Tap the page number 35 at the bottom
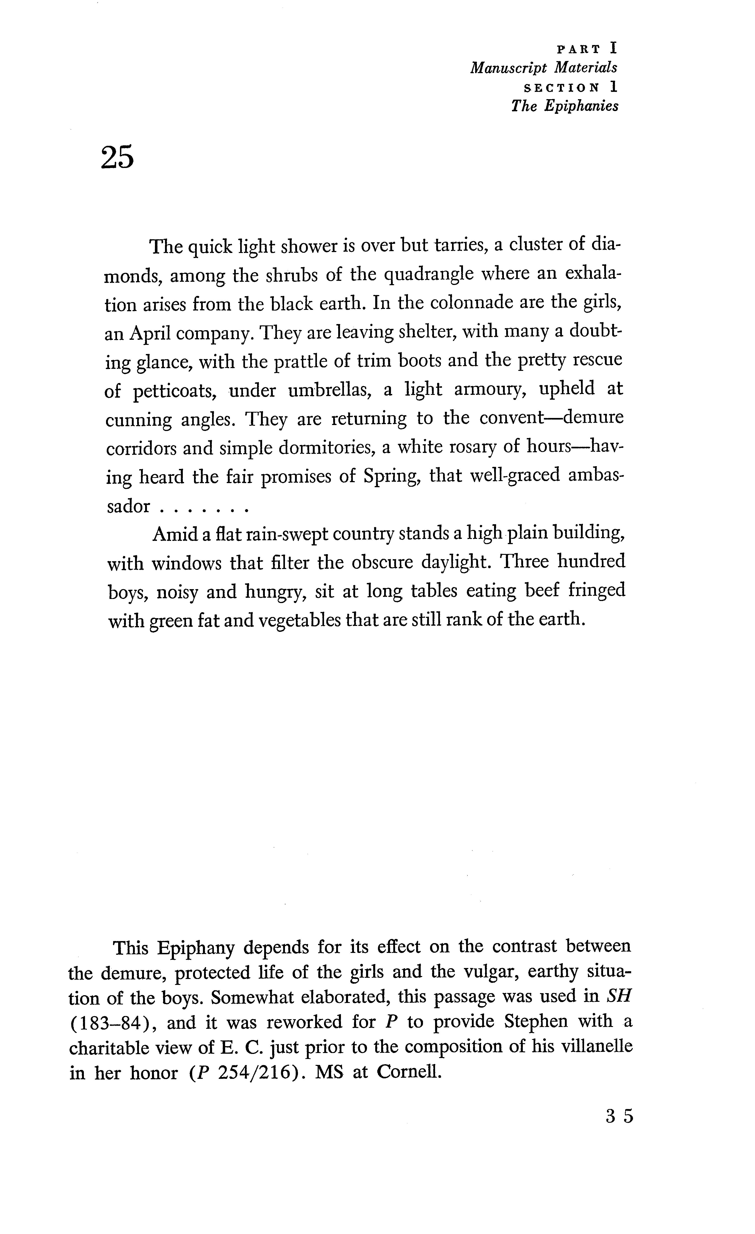(x=619, y=1116)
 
